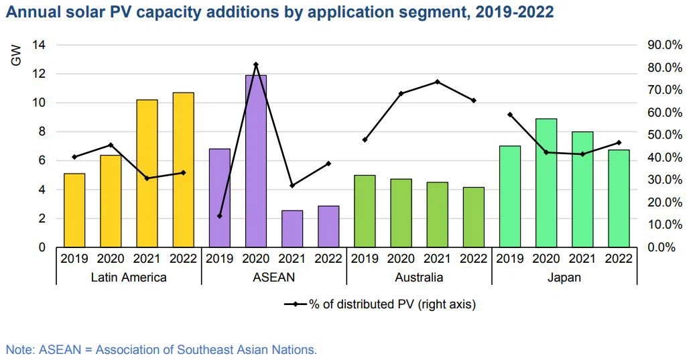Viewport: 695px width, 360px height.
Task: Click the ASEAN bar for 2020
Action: click(x=255, y=161)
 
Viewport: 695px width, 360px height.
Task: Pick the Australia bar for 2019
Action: click(x=365, y=211)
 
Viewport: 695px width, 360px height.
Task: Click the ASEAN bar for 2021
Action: click(x=292, y=229)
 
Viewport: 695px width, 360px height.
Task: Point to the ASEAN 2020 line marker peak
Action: click(x=255, y=64)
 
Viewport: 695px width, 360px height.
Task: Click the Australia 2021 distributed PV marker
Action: click(x=437, y=82)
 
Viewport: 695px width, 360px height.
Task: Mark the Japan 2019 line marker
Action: click(x=510, y=115)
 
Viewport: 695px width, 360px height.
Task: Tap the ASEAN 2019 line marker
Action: click(x=219, y=216)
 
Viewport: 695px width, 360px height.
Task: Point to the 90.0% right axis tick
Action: click(x=664, y=45)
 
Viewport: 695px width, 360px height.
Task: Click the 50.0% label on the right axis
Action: click(x=664, y=135)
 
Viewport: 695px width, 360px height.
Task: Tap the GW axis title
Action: click(x=17, y=55)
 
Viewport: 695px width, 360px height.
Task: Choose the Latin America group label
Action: click(x=129, y=277)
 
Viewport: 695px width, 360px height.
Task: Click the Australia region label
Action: click(x=419, y=277)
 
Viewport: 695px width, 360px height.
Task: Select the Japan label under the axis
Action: click(x=564, y=277)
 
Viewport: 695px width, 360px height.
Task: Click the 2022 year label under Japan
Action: click(x=619, y=258)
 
